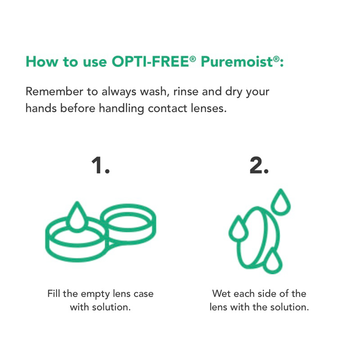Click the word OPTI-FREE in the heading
(150, 62)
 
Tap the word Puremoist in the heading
(237, 62)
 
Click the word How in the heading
(42, 62)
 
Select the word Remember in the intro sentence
(54, 91)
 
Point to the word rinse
(186, 91)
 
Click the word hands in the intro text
(41, 108)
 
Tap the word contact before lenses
(167, 108)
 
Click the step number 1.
(100, 165)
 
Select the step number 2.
(259, 165)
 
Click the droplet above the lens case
(77, 217)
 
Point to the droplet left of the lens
(238, 229)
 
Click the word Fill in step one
(54, 294)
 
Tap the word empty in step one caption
(95, 295)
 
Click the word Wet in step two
(221, 294)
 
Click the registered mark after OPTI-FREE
(193, 59)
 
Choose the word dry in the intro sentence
(234, 92)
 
